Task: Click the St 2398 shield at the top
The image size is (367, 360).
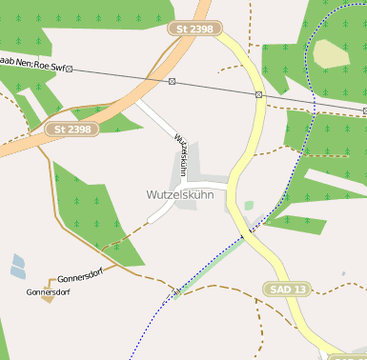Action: (194, 30)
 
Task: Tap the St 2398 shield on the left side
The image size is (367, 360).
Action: (72, 129)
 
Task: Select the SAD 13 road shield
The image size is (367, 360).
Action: (287, 289)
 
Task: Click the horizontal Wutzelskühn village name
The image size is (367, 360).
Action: (180, 194)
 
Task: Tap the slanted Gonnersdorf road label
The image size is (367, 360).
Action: (80, 271)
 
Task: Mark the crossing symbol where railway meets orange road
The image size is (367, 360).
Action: (172, 81)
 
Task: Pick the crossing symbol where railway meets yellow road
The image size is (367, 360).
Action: (258, 94)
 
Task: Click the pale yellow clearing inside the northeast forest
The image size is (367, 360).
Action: (331, 53)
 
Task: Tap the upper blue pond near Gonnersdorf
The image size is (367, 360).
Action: (18, 260)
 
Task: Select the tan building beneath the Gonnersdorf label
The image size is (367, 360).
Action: (48, 298)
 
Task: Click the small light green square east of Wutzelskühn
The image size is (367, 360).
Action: (249, 205)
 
